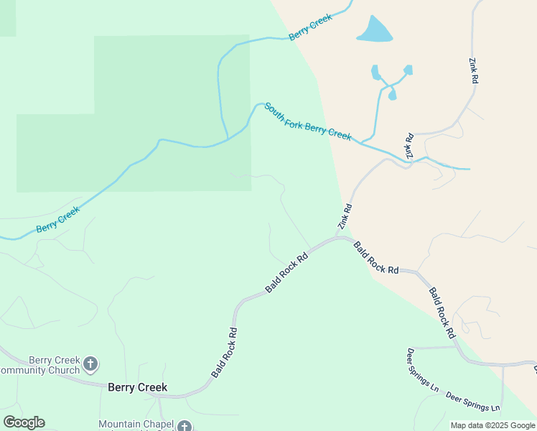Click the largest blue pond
coord(374,30)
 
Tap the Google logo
coord(24,422)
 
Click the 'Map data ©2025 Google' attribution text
coord(492,425)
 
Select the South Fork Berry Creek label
coord(307,121)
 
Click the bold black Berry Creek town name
coord(137,387)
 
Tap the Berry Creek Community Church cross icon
coord(90,364)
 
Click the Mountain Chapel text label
coord(136,424)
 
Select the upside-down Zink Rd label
coord(409,146)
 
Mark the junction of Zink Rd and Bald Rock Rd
coord(338,236)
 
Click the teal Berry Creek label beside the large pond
coord(310,27)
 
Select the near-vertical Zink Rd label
coord(473,72)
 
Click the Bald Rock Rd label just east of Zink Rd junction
coord(375,257)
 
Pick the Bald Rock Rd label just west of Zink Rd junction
coord(286,271)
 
